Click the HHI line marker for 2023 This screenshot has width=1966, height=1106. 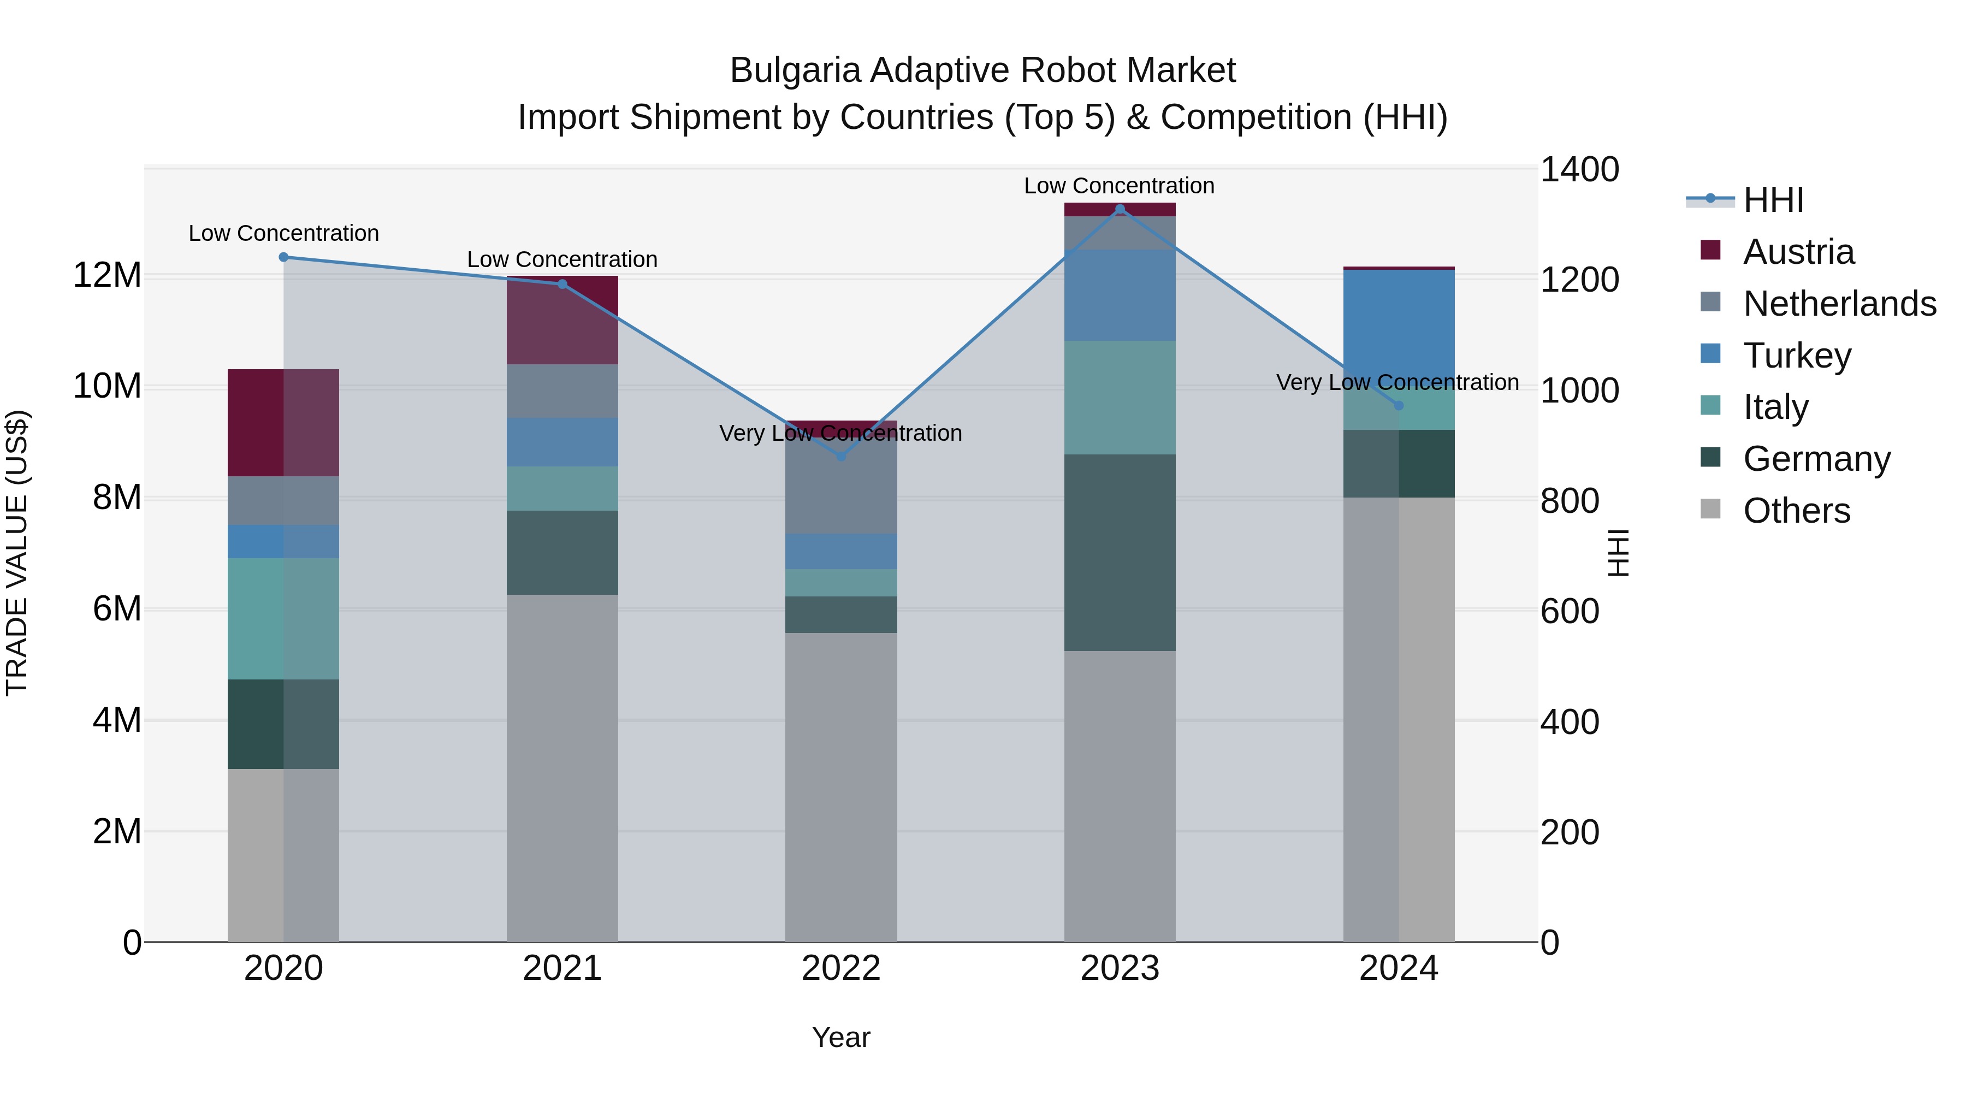click(x=1120, y=209)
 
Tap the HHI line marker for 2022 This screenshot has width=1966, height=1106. click(x=841, y=457)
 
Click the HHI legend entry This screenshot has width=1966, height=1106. click(x=1772, y=200)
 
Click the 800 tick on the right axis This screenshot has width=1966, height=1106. click(x=1569, y=501)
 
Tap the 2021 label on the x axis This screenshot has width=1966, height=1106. click(x=562, y=968)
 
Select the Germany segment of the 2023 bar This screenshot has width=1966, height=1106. click(x=1120, y=553)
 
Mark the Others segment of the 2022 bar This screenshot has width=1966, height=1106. click(x=841, y=786)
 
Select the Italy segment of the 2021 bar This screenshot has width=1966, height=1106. click(x=562, y=488)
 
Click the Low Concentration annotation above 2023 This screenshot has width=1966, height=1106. click(x=1119, y=186)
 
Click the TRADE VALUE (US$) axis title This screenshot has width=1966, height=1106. click(x=17, y=553)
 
